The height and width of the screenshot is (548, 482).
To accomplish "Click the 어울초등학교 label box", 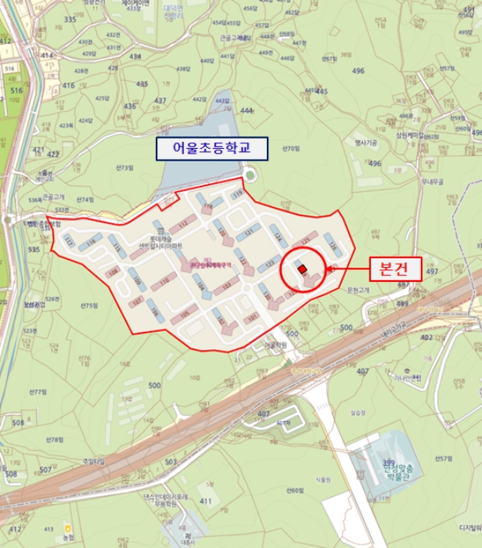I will coord(212,148).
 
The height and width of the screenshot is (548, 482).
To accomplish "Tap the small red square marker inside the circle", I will coord(302,269).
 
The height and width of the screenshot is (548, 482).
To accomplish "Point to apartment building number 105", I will coord(184,315).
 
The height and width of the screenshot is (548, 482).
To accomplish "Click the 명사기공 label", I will coord(366,143).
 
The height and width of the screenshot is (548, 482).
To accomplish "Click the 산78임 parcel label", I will coord(54,439).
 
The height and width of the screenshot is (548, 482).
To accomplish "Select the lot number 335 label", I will coord(70,19).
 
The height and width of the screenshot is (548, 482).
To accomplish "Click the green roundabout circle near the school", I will coord(248,175).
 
